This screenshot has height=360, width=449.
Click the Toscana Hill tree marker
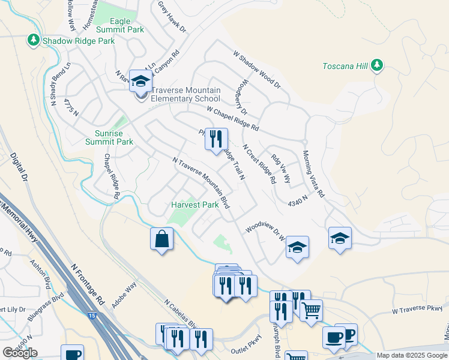click(x=377, y=65)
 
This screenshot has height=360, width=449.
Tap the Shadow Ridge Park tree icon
click(x=34, y=40)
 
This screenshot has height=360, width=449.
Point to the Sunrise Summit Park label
click(x=109, y=137)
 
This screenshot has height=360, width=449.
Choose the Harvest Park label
click(x=194, y=205)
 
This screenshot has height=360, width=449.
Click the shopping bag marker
click(x=162, y=239)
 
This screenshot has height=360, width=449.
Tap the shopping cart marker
click(x=311, y=311)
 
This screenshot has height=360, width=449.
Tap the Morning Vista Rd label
click(x=313, y=174)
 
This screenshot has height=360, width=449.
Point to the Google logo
click(x=20, y=352)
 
